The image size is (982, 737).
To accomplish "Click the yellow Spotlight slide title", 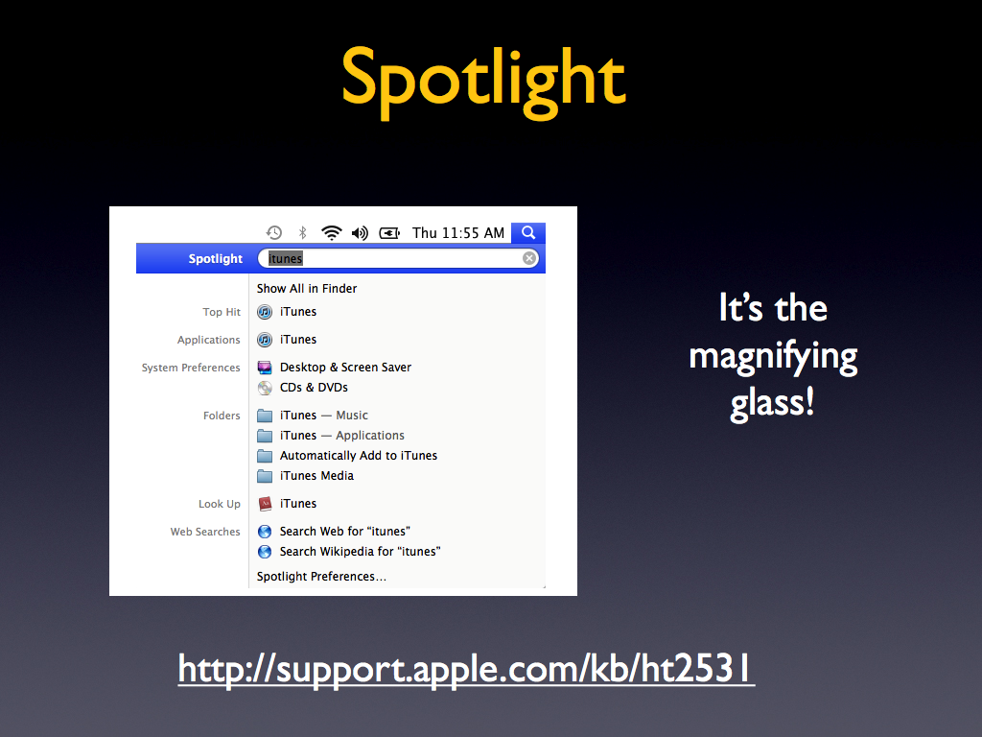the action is pyautogui.click(x=483, y=83).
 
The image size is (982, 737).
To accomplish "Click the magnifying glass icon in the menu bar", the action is pyautogui.click(x=528, y=232).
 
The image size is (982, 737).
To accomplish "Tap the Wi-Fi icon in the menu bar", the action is pyautogui.click(x=331, y=233).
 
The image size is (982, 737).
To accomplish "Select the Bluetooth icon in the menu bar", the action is pyautogui.click(x=302, y=233).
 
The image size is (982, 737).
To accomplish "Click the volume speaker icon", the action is pyautogui.click(x=361, y=233).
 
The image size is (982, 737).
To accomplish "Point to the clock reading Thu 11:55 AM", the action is pyautogui.click(x=457, y=233).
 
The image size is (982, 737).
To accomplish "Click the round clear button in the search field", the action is pyautogui.click(x=529, y=258).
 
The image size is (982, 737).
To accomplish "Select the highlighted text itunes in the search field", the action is pyautogui.click(x=286, y=258).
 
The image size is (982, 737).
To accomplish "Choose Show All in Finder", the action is pyautogui.click(x=307, y=288).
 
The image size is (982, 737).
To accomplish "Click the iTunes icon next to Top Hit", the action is pyautogui.click(x=265, y=312).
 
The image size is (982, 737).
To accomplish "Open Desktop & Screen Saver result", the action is pyautogui.click(x=345, y=368).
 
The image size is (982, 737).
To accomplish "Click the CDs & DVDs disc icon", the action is pyautogui.click(x=265, y=388).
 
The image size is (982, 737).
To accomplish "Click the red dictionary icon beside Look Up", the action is pyautogui.click(x=265, y=504).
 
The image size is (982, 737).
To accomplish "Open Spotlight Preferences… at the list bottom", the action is pyautogui.click(x=321, y=577).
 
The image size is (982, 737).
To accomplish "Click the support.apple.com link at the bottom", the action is pyautogui.click(x=467, y=669).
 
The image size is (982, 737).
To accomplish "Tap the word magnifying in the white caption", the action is pyautogui.click(x=773, y=357).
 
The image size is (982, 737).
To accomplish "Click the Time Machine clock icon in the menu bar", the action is pyautogui.click(x=273, y=233).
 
